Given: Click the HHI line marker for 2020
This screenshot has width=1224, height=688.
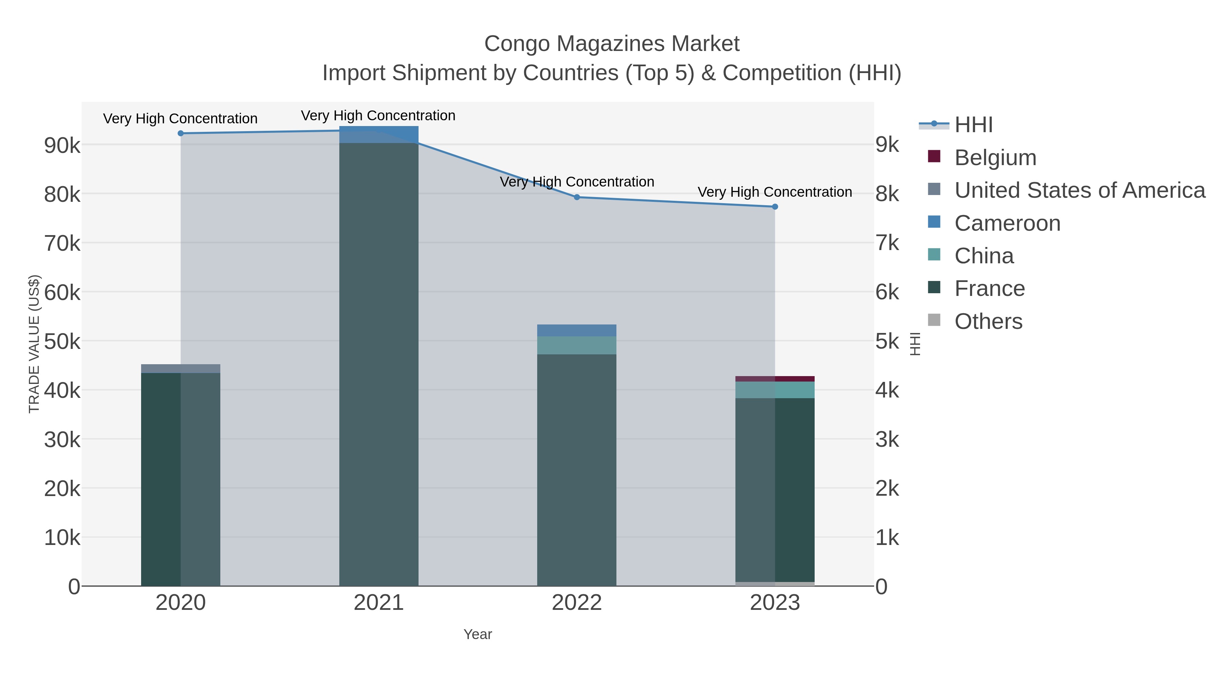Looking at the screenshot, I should point(181,134).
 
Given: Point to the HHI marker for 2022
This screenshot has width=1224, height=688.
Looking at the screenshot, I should point(577,197).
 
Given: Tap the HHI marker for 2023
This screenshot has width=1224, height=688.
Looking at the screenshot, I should point(775,207).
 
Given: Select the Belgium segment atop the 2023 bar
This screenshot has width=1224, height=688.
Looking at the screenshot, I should point(775,379).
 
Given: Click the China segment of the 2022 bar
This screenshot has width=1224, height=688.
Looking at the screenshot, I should point(577,345).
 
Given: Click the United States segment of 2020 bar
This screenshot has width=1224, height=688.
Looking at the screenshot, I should point(181,368).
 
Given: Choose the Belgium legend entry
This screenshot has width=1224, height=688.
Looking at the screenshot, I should point(995,158).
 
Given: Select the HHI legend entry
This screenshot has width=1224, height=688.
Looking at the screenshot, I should point(973,125).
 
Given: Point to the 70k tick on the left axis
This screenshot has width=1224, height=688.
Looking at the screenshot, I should point(62,244).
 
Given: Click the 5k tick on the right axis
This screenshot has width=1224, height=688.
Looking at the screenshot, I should point(887,341).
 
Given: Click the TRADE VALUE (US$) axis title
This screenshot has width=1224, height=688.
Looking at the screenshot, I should point(34,344).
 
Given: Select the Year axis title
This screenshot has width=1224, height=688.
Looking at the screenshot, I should point(478,634).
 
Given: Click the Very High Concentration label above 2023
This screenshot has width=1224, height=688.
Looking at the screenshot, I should point(775,192).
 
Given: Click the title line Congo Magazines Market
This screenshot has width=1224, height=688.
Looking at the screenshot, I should point(612,44).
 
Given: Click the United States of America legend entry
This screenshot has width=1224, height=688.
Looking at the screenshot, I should point(1079,190).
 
